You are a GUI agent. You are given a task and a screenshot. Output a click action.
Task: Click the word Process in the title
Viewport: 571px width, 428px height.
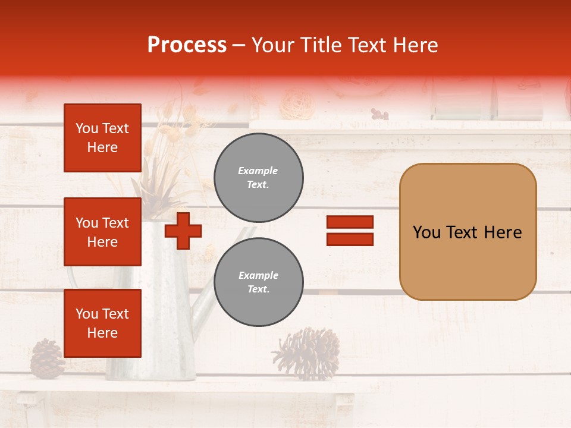(187, 45)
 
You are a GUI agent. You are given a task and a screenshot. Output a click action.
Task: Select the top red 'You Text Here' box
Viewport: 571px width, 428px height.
(102, 138)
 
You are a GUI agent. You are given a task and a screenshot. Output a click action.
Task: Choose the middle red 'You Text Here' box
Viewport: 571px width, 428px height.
(102, 232)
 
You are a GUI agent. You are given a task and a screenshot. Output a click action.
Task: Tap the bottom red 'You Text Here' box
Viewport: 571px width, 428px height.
(102, 323)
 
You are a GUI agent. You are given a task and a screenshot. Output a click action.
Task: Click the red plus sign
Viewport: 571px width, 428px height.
(183, 231)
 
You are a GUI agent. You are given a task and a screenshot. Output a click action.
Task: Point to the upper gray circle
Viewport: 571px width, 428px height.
(258, 178)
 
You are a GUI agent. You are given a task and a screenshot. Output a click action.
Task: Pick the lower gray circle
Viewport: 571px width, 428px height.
(258, 282)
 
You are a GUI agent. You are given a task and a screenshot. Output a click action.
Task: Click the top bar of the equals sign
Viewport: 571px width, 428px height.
(350, 222)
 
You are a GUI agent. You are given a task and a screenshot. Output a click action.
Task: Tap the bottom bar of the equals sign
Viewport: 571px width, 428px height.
(350, 240)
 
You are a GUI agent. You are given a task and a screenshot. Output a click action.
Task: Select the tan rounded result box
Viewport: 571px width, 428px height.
(468, 232)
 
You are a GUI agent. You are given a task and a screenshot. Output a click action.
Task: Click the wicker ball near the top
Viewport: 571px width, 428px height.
(297, 103)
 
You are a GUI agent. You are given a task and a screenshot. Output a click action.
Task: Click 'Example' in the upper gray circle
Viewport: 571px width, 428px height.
(258, 171)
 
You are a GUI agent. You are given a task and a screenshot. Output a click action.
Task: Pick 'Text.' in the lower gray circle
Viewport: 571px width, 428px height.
(258, 289)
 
